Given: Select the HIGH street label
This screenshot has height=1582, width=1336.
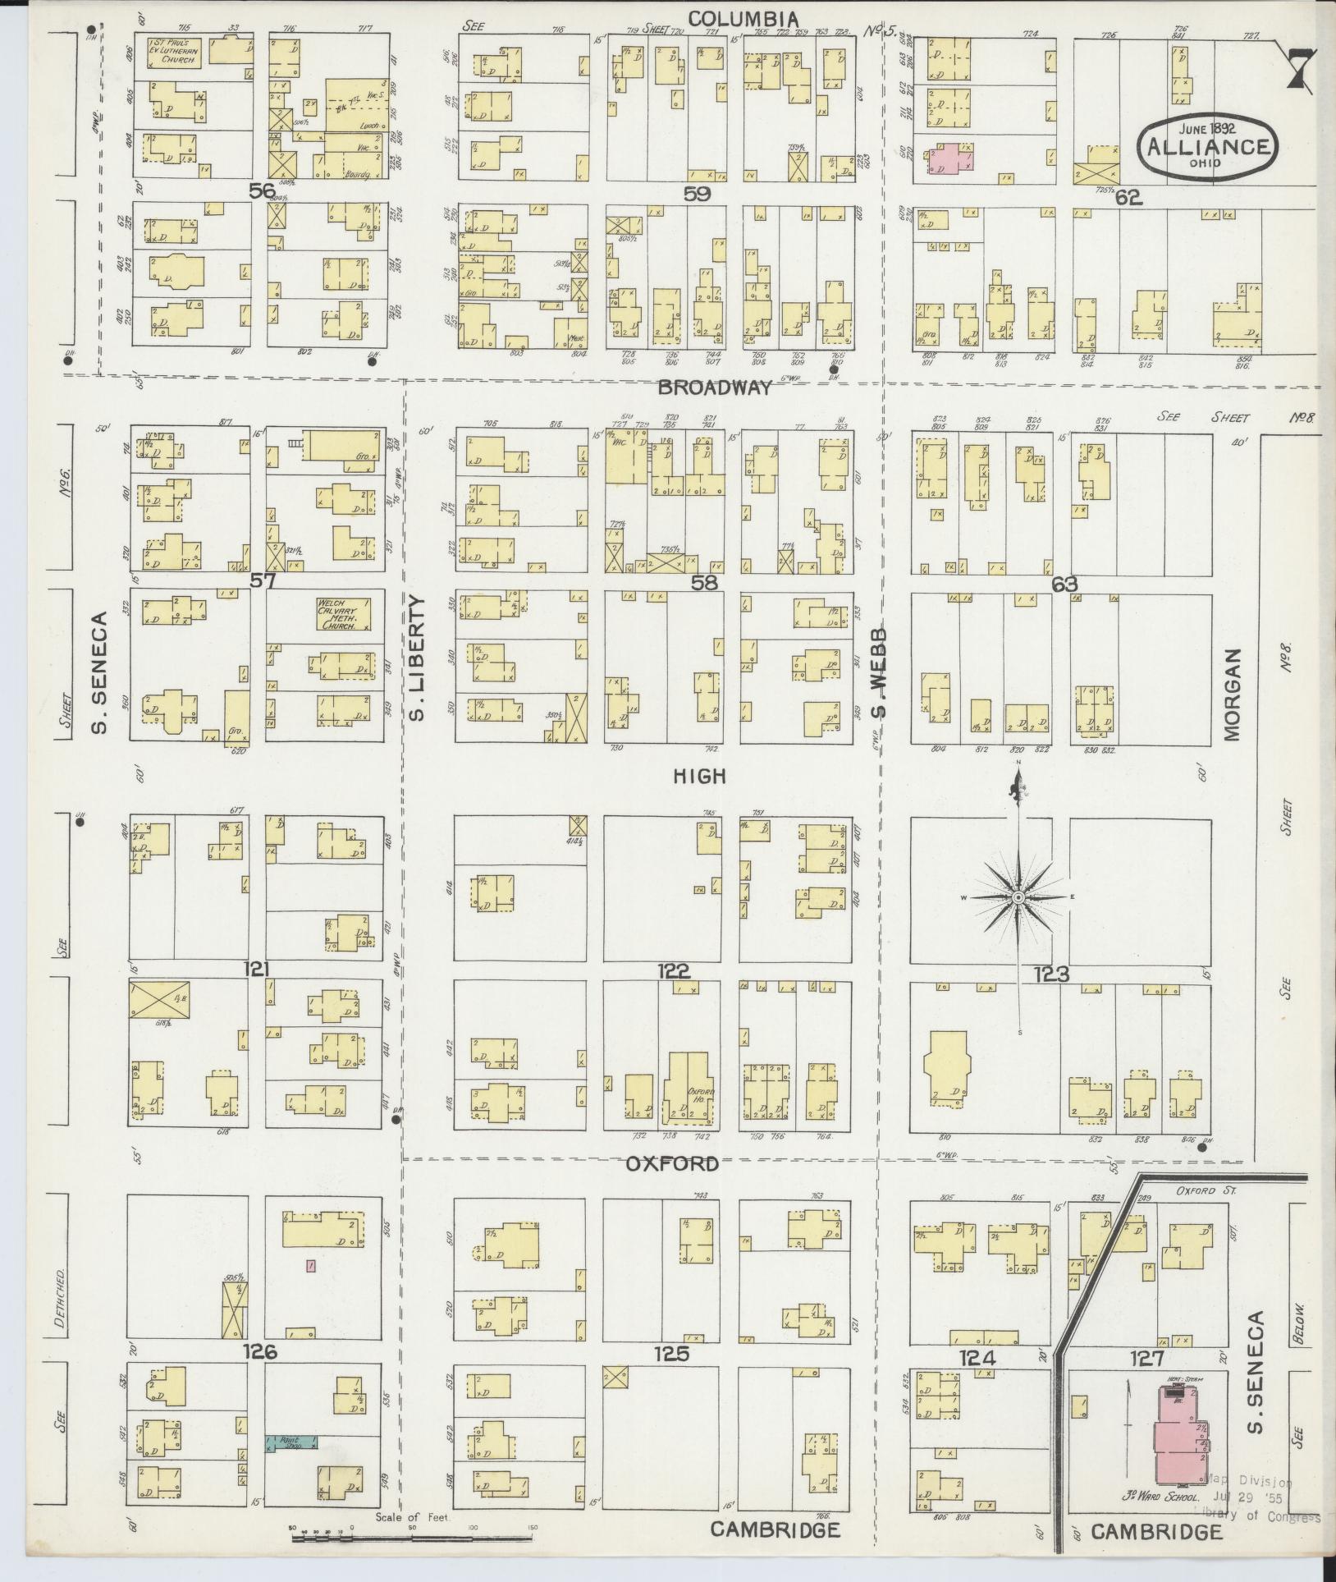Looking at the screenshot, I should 700,775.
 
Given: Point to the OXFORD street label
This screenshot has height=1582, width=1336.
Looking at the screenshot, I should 672,1163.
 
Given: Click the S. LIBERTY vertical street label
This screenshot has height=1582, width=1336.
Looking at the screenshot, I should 418,659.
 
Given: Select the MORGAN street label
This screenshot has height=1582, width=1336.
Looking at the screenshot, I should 1232,695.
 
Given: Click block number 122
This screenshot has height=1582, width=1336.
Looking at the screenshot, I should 673,971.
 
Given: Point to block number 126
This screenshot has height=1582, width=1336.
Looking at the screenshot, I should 260,1351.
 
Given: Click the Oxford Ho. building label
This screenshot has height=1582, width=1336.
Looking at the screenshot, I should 700,1096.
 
